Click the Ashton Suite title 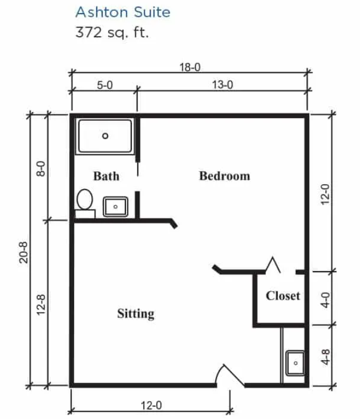[123, 12]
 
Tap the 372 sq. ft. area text [112, 32]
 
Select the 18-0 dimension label [190, 67]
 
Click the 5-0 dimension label [105, 85]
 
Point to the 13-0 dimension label [223, 85]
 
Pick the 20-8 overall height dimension [24, 253]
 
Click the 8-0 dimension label [41, 168]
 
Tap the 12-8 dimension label [41, 305]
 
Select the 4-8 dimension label [325, 357]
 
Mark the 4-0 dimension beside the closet [325, 300]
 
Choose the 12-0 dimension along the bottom [151, 406]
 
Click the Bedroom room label [225, 176]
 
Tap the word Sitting [136, 314]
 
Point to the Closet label [283, 296]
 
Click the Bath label [106, 177]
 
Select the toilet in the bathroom [85, 204]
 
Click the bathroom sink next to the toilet [116, 207]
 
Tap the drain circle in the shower [105, 136]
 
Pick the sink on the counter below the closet [295, 363]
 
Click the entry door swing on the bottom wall [230, 375]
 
